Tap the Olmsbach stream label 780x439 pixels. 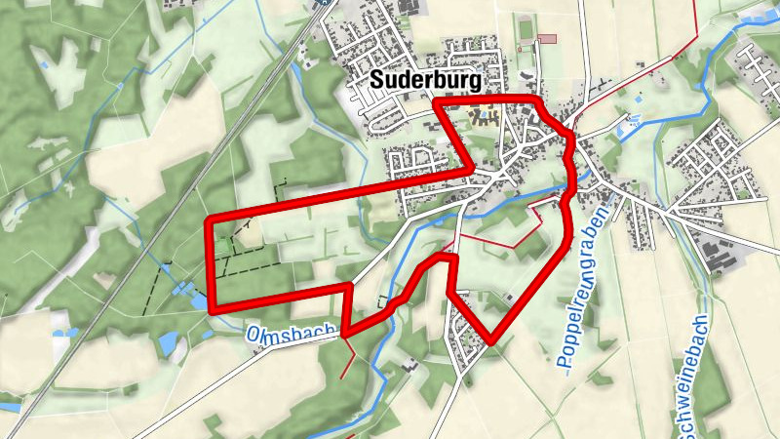[x=292, y=332]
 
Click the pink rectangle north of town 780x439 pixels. [x=547, y=38]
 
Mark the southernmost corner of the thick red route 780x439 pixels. [x=492, y=340]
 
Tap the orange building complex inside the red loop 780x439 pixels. [x=484, y=118]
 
